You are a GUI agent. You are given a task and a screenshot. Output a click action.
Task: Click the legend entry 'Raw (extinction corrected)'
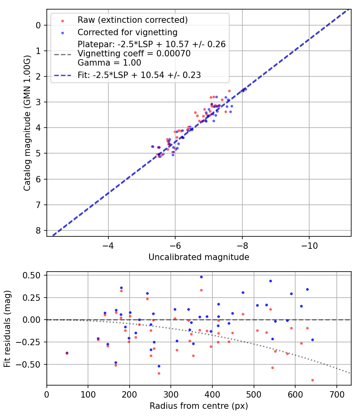[x=132, y=20]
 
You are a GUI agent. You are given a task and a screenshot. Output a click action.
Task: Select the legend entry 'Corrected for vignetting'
[x=128, y=32]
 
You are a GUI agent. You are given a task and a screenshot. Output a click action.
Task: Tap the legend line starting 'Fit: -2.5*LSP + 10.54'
[x=139, y=75]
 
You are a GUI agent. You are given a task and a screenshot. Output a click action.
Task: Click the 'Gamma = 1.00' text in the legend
[x=109, y=63]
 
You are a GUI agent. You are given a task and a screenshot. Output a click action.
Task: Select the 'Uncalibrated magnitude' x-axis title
[x=199, y=257]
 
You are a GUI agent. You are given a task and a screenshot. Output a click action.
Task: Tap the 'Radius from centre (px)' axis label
[x=199, y=406]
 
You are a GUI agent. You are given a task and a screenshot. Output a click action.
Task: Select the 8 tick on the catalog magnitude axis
[x=38, y=230]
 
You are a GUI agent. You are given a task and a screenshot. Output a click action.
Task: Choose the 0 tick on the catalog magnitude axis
[x=38, y=25]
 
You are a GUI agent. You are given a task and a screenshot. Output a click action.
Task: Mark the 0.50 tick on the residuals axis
[x=34, y=275]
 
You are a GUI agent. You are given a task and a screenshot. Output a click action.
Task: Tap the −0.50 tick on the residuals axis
[x=32, y=364]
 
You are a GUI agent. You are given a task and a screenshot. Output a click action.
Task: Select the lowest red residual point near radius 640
[x=312, y=380]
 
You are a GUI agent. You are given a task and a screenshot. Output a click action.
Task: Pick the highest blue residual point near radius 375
[x=201, y=277]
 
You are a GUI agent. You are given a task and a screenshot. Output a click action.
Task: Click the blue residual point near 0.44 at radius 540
[x=270, y=281]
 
